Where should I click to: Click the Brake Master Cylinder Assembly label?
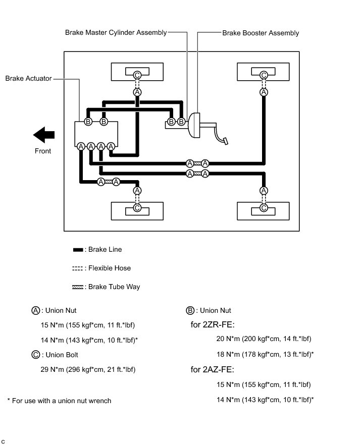coord(116,33)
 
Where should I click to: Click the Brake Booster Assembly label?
coord(261,33)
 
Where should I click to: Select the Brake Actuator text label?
coord(28,79)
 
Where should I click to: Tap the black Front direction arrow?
coord(44,135)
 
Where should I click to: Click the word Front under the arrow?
coord(43,151)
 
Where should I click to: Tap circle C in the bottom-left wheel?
coord(137,207)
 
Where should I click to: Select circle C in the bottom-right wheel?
coord(264,207)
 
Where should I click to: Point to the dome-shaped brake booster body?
coord(195,125)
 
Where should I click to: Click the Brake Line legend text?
coord(103,249)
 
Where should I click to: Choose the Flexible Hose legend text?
coord(109,268)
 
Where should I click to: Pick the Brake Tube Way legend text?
coord(114,287)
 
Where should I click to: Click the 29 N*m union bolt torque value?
coord(88,369)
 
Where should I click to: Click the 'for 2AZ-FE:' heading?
coord(213,369)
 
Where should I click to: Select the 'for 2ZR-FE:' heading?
coord(213,324)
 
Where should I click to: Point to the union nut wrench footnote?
coord(59,401)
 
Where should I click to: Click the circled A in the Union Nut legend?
coord(35,310)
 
